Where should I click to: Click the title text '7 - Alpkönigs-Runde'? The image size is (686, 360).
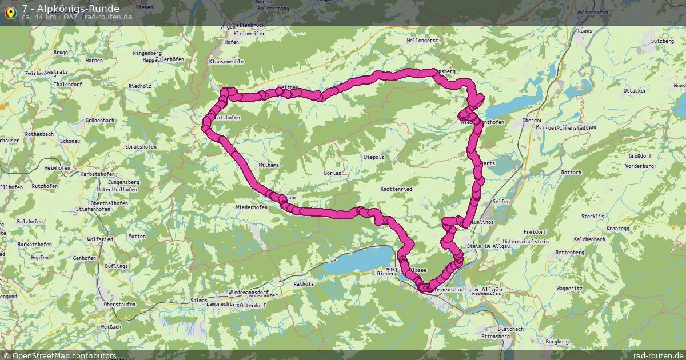point(71,9)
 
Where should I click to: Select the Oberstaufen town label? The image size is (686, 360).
point(119,305)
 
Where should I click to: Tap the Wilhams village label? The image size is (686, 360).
point(269,165)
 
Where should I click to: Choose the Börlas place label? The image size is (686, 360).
point(332,173)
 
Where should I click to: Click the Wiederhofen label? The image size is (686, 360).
point(252,207)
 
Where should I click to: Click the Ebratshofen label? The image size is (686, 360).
point(141,147)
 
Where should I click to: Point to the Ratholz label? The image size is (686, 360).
point(304,283)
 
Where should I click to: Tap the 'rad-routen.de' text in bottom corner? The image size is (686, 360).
point(659,355)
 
